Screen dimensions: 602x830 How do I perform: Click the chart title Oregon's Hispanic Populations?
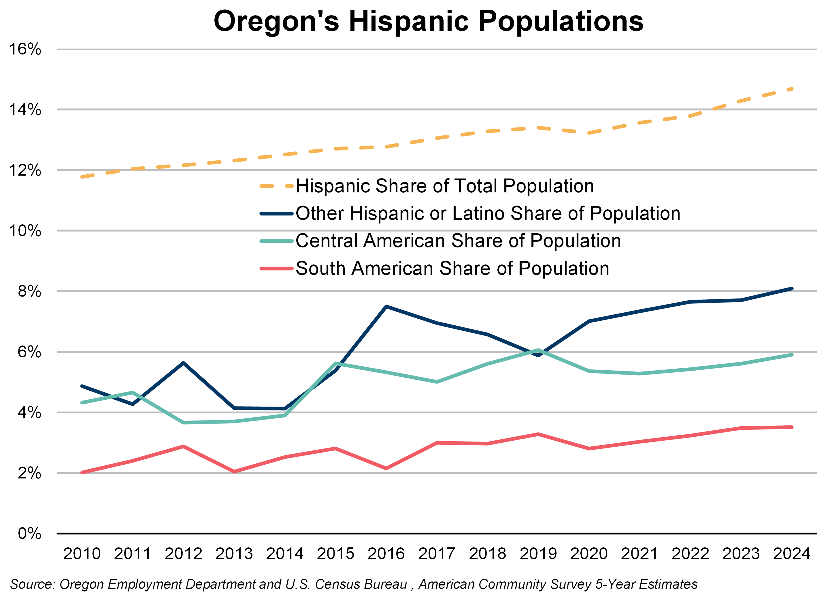tap(428, 21)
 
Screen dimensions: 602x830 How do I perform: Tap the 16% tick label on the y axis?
tap(25, 49)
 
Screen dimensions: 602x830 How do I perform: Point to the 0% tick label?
tap(29, 534)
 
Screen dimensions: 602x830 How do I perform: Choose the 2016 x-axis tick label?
tap(386, 554)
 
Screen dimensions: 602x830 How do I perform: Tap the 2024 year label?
tap(792, 554)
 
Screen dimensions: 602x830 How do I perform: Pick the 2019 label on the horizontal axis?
tap(538, 554)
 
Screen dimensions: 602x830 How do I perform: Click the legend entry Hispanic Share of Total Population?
tap(444, 186)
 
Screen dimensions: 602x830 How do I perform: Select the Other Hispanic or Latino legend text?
tap(487, 214)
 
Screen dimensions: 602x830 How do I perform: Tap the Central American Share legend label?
tap(458, 241)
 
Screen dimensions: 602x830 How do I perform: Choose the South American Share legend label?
tap(452, 268)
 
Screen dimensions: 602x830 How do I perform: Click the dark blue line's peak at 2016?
tap(386, 306)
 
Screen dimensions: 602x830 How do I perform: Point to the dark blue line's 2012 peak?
tap(183, 363)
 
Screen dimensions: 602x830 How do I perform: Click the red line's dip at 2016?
tap(386, 468)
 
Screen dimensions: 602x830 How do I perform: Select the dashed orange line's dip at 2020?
tap(589, 133)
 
